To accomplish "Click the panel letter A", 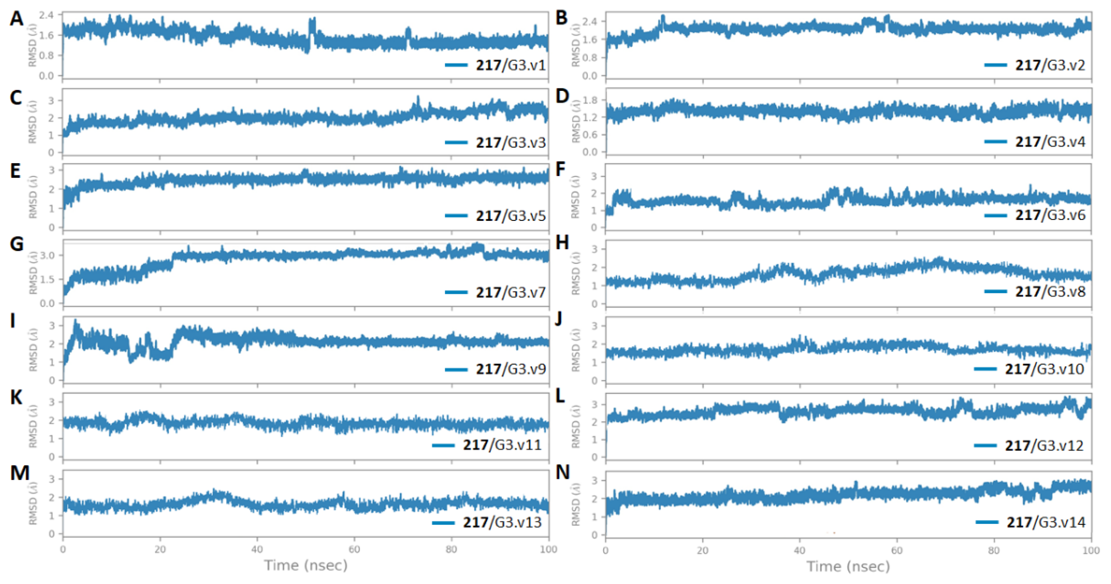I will [x=16, y=19].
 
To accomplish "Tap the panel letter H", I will [x=562, y=243].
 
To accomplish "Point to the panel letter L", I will [x=560, y=396].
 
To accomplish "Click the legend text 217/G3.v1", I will [x=511, y=65].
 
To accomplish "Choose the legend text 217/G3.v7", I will [x=511, y=293].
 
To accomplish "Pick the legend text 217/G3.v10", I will [x=1044, y=369].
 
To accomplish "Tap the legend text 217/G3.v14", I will [x=1046, y=522].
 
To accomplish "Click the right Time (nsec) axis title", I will [x=848, y=566].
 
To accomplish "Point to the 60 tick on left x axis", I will [x=354, y=549].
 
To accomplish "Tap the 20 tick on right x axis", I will [x=702, y=550].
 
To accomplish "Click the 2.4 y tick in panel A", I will [x=47, y=15].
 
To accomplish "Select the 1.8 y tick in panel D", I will [x=590, y=100].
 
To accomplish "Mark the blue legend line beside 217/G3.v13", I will [x=443, y=523].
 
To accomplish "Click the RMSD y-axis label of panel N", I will [x=575, y=504].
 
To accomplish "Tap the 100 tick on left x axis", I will [x=548, y=549].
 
